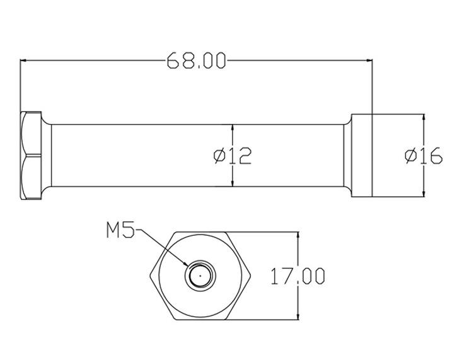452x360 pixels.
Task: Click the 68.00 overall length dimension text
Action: tap(196, 61)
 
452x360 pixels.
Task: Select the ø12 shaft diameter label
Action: tap(233, 155)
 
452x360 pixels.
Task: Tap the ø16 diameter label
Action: tap(423, 155)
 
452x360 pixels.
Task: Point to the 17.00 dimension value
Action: tap(298, 276)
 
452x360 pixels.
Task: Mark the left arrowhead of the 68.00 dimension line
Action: tap(25, 61)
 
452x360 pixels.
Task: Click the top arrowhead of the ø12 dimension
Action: tap(233, 127)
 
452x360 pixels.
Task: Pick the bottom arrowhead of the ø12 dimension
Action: tap(233, 183)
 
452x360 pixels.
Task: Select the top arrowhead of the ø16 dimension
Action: tap(424, 118)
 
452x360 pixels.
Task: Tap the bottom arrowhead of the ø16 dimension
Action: tap(424, 193)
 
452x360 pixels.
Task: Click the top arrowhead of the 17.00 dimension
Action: tap(298, 235)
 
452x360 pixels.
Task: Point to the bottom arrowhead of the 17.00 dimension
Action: tap(298, 315)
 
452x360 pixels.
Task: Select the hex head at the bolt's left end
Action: tap(31, 156)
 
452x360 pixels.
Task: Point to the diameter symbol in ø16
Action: tap(410, 155)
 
